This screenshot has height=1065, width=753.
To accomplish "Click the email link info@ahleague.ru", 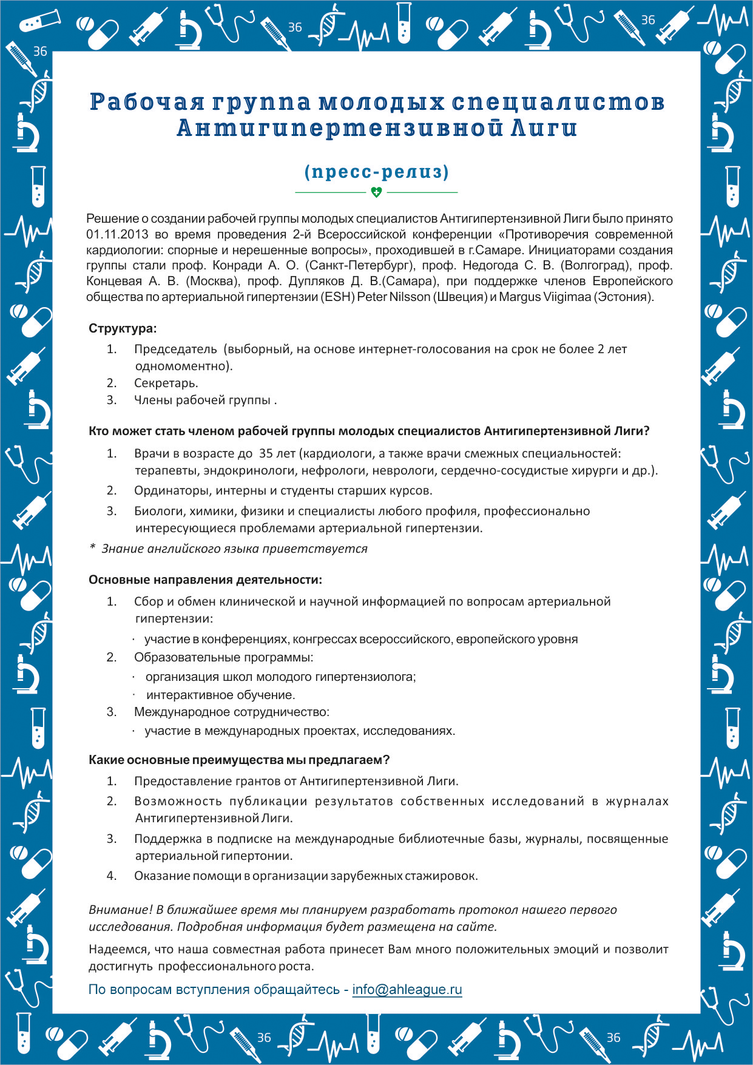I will (x=407, y=989).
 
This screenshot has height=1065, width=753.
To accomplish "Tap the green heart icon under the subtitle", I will (x=376, y=192).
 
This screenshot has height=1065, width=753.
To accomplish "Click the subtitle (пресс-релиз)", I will (x=376, y=172).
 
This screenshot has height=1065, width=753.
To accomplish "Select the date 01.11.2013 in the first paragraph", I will (x=117, y=234).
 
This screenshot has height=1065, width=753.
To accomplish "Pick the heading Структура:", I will (x=123, y=328).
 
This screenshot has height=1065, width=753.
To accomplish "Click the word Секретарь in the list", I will (x=165, y=383).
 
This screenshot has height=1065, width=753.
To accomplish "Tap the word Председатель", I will (x=175, y=349).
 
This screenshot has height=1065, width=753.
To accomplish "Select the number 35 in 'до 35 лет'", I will (x=266, y=453).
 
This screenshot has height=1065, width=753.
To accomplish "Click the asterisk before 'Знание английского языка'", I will (x=92, y=548).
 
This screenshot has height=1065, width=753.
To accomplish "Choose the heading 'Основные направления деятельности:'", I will (x=205, y=580).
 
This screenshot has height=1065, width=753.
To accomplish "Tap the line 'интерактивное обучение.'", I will (x=220, y=695).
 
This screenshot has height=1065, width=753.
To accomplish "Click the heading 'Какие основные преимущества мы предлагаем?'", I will (x=239, y=760).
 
